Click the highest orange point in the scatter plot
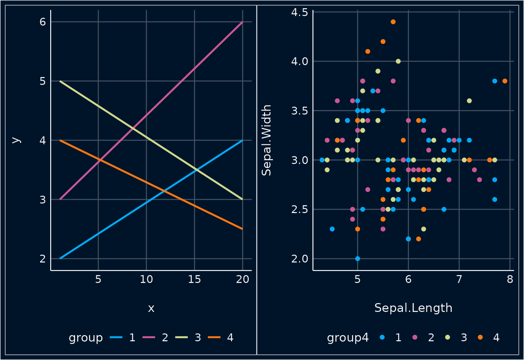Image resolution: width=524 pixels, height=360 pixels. tap(393, 22)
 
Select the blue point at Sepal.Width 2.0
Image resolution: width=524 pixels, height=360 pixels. tap(358, 258)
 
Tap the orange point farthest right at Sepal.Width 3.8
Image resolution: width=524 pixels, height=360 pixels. tap(505, 81)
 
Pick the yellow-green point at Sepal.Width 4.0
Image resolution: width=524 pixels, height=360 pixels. tap(398, 61)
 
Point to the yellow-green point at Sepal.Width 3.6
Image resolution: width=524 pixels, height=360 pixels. tap(469, 101)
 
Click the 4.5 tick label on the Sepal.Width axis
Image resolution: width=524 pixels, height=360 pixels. tap(300, 12)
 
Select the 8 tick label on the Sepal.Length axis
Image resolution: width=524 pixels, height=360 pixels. tap(510, 280)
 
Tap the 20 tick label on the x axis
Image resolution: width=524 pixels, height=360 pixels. tap(243, 280)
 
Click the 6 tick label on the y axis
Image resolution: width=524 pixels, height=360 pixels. tap(43, 22)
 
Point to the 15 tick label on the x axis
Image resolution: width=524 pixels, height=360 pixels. tap(194, 280)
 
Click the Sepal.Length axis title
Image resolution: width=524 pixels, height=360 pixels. tap(413, 308)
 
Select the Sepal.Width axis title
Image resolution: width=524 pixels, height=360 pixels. tap(266, 140)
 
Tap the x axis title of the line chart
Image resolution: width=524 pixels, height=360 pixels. tap(151, 309)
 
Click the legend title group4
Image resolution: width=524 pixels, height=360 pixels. tap(348, 337)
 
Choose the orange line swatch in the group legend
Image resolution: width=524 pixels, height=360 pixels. tap(214, 337)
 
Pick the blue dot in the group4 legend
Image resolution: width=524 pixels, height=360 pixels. tap(382, 337)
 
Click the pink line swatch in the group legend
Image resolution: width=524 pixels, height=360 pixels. tap(149, 337)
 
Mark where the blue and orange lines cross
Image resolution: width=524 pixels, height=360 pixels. tap(164, 191)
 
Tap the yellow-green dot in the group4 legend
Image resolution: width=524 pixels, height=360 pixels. tap(448, 337)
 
